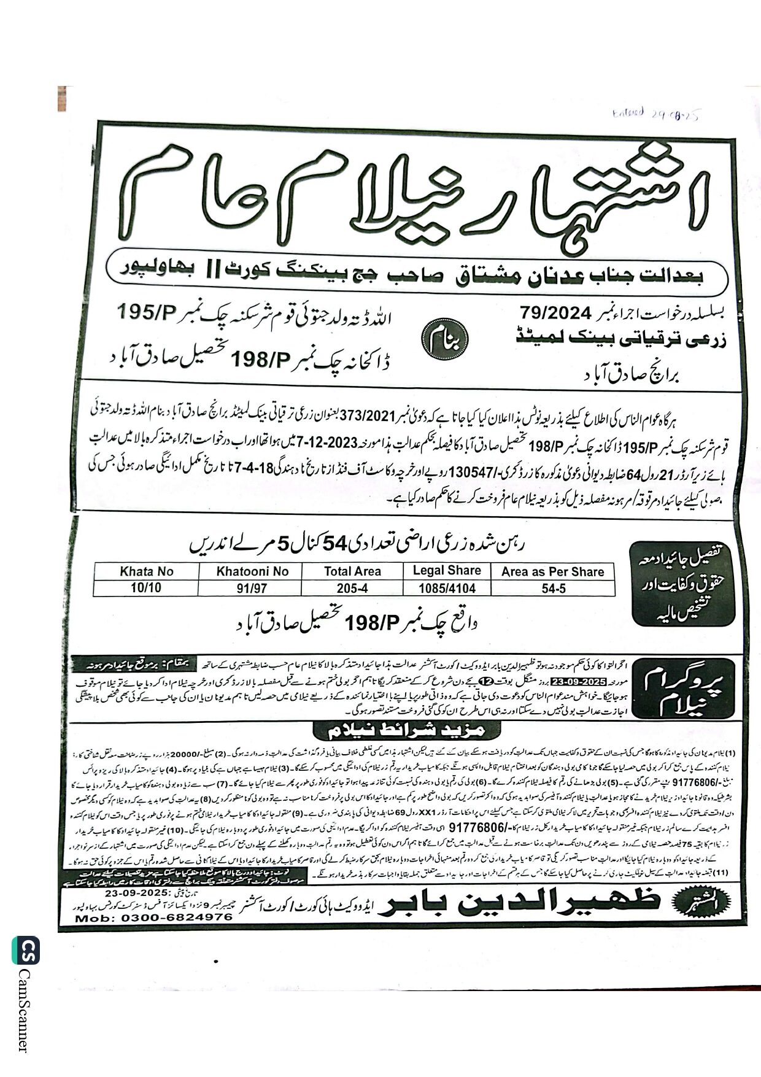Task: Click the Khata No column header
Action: click(x=147, y=571)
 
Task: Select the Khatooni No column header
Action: click(x=252, y=571)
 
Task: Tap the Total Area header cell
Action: click(x=352, y=571)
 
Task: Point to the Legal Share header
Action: click(x=447, y=570)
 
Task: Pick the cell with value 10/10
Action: click(x=146, y=588)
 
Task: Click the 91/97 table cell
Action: click(x=252, y=588)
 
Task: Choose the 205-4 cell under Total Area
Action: click(x=352, y=588)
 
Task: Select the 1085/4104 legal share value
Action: click(x=447, y=588)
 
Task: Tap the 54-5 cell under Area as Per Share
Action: click(x=552, y=588)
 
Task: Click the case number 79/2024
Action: click(x=554, y=313)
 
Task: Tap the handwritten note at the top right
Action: click(x=657, y=114)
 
